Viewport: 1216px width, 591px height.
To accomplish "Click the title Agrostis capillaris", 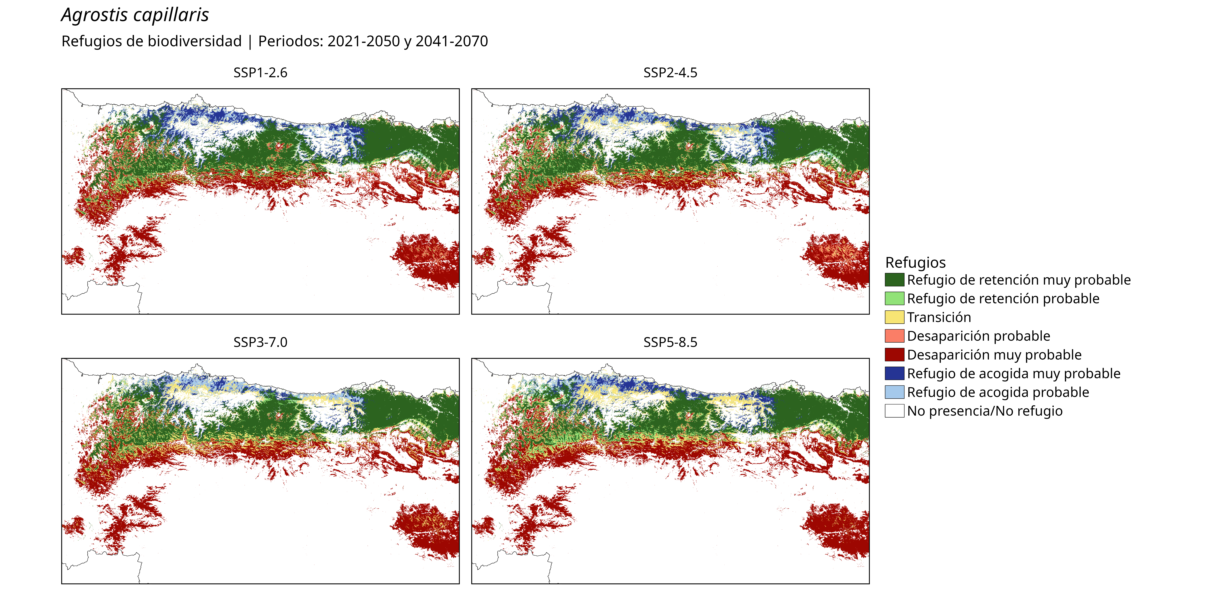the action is click(x=135, y=15).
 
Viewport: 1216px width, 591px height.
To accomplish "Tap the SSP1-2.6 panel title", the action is click(x=260, y=73).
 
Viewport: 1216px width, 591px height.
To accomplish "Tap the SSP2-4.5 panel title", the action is click(x=670, y=73).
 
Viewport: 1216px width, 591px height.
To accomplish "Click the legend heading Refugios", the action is click(x=915, y=262).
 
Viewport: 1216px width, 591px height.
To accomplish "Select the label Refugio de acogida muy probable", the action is click(x=1014, y=374).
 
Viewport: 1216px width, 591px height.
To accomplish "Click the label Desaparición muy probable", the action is click(x=994, y=355).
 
